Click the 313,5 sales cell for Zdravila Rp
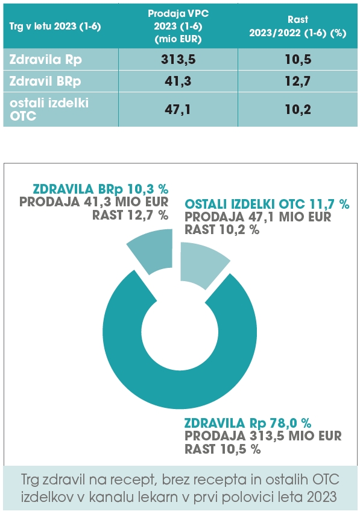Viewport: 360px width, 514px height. click(x=178, y=59)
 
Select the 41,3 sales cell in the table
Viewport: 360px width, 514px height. click(x=178, y=81)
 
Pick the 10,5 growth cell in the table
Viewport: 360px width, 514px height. click(x=298, y=59)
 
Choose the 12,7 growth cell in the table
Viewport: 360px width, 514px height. click(x=298, y=81)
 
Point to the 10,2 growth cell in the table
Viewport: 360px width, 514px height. click(x=298, y=109)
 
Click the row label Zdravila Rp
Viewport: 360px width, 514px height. click(x=46, y=60)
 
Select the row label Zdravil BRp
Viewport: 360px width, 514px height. click(x=45, y=81)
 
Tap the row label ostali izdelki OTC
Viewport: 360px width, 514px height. click(x=49, y=109)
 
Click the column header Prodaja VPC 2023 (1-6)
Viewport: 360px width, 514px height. click(x=178, y=26)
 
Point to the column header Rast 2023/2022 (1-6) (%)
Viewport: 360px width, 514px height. click(x=298, y=26)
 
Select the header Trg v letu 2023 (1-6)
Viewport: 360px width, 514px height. click(x=55, y=26)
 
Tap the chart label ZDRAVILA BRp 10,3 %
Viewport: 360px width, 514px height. click(x=101, y=189)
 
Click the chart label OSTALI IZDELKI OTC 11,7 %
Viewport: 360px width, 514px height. click(x=267, y=204)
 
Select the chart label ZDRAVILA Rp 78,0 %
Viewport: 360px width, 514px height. click(x=248, y=423)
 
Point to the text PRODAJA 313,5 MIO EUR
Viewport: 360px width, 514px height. click(x=263, y=436)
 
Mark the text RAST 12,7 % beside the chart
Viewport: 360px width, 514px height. click(x=130, y=215)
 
